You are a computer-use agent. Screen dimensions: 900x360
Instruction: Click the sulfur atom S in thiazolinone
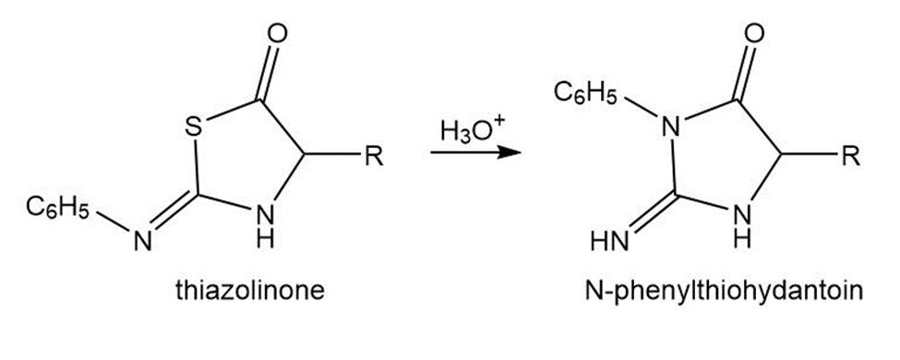[195, 127]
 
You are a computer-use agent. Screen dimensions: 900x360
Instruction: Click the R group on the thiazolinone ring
[375, 156]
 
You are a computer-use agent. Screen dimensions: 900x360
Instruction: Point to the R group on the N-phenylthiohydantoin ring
[851, 156]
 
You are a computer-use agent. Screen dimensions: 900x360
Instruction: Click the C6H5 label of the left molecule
[57, 209]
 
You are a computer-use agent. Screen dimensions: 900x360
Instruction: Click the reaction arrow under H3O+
[475, 153]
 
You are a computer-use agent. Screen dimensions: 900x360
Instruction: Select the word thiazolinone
[250, 292]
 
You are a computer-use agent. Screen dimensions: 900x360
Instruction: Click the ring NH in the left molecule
[265, 224]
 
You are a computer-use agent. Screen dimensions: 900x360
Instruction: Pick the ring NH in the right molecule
[741, 224]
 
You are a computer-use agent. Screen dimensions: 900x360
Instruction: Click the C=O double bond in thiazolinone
[269, 75]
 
